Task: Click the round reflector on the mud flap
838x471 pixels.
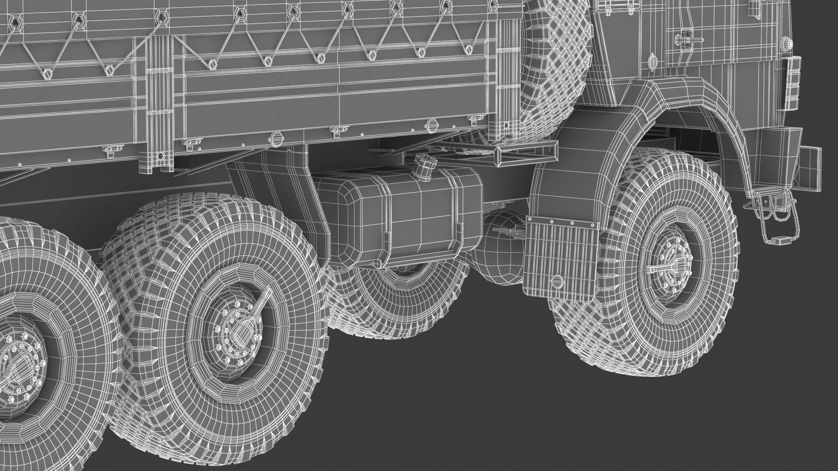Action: [557, 282]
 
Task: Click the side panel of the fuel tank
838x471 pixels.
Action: [419, 218]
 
